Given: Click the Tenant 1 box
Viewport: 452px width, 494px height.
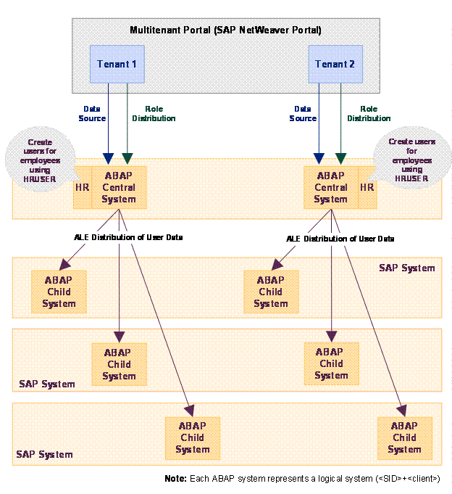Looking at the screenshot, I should [x=117, y=64].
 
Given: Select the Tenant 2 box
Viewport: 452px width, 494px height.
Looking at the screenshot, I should [x=335, y=64].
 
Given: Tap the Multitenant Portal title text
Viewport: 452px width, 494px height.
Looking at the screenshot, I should [x=225, y=30].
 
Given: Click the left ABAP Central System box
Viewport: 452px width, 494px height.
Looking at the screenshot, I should [x=119, y=187].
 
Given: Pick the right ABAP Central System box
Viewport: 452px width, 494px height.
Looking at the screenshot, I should [x=331, y=187].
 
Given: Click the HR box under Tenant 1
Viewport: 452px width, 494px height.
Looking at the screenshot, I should [x=83, y=187].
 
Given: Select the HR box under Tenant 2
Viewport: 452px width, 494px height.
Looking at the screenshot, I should [x=367, y=187].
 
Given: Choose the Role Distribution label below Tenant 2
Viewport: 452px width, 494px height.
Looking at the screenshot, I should [x=369, y=113].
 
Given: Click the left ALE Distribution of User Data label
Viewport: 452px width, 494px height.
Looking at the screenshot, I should [x=128, y=237].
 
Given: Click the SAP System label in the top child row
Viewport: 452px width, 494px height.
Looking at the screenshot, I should [x=406, y=268].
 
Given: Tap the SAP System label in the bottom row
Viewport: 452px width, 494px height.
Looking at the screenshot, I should [x=44, y=454].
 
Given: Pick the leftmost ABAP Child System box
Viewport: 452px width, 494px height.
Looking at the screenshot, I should [x=59, y=292].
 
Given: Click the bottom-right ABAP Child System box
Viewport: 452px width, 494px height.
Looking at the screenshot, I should [x=404, y=437].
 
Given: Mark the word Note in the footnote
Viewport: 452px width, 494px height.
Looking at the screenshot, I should [x=175, y=479].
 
